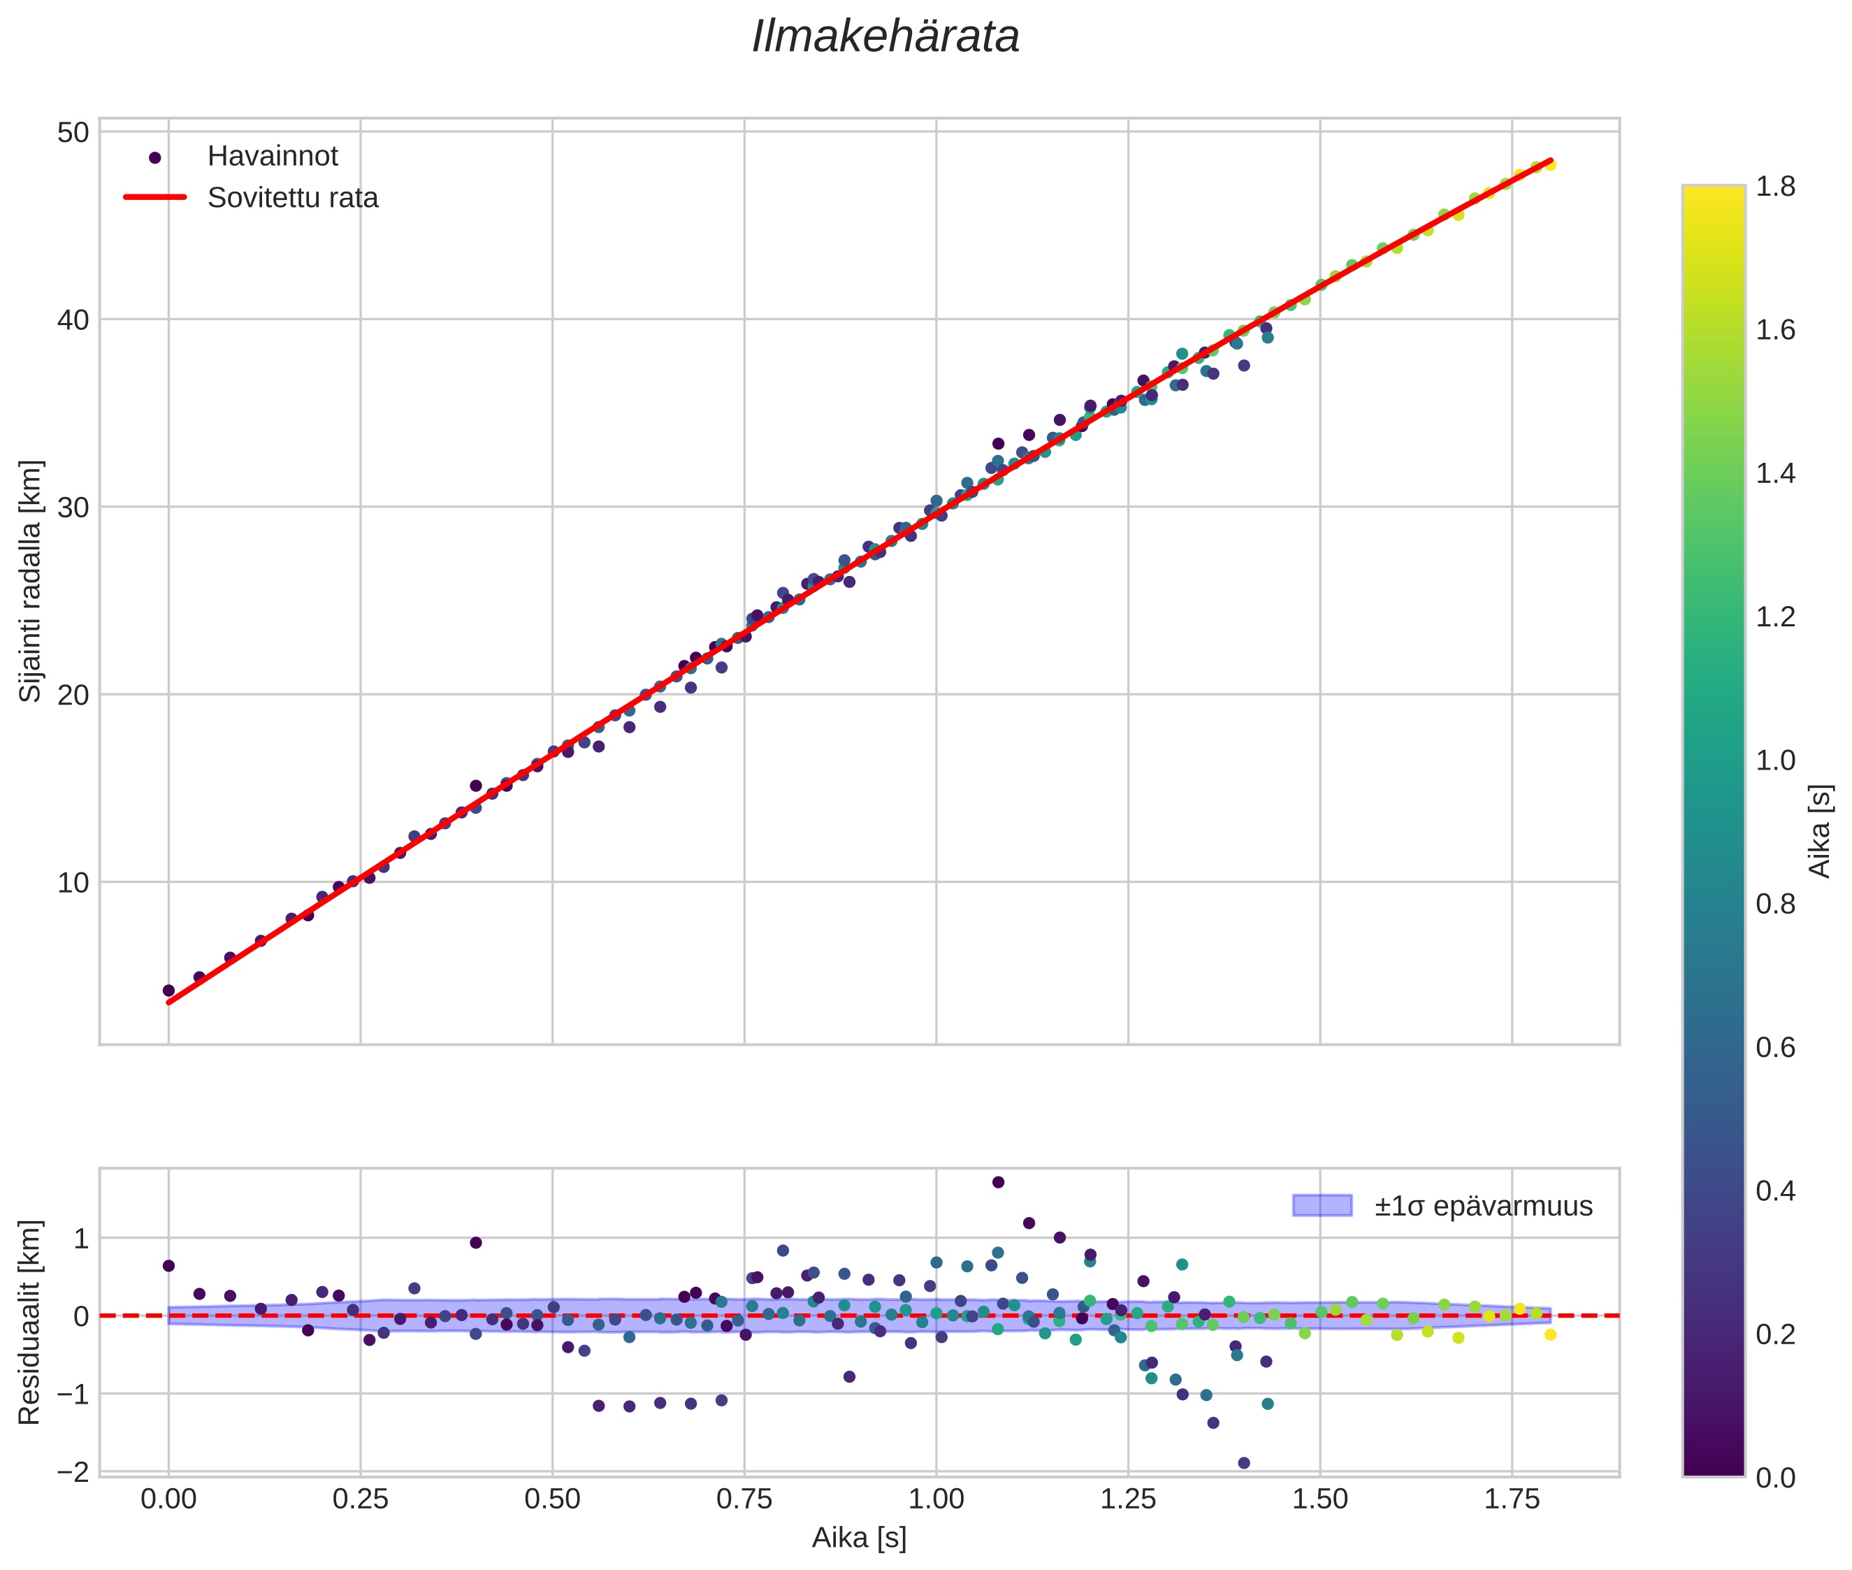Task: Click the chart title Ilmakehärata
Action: coord(885,37)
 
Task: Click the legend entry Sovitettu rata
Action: coord(292,198)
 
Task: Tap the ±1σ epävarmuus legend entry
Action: coord(1482,1206)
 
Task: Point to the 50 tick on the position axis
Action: coord(73,133)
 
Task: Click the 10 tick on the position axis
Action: coord(73,883)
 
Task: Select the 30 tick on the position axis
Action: coord(73,507)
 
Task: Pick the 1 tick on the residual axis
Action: coord(81,1238)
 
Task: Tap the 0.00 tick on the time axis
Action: coord(168,1499)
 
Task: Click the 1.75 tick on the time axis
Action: coord(1511,1499)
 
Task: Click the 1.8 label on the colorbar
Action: coord(1774,187)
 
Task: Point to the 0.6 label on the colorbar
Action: coord(1774,1048)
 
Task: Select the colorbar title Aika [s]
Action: coord(1821,831)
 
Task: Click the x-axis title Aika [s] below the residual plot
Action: coord(859,1538)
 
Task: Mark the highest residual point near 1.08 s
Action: coord(998,1182)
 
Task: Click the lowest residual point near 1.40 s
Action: coord(1243,1463)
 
